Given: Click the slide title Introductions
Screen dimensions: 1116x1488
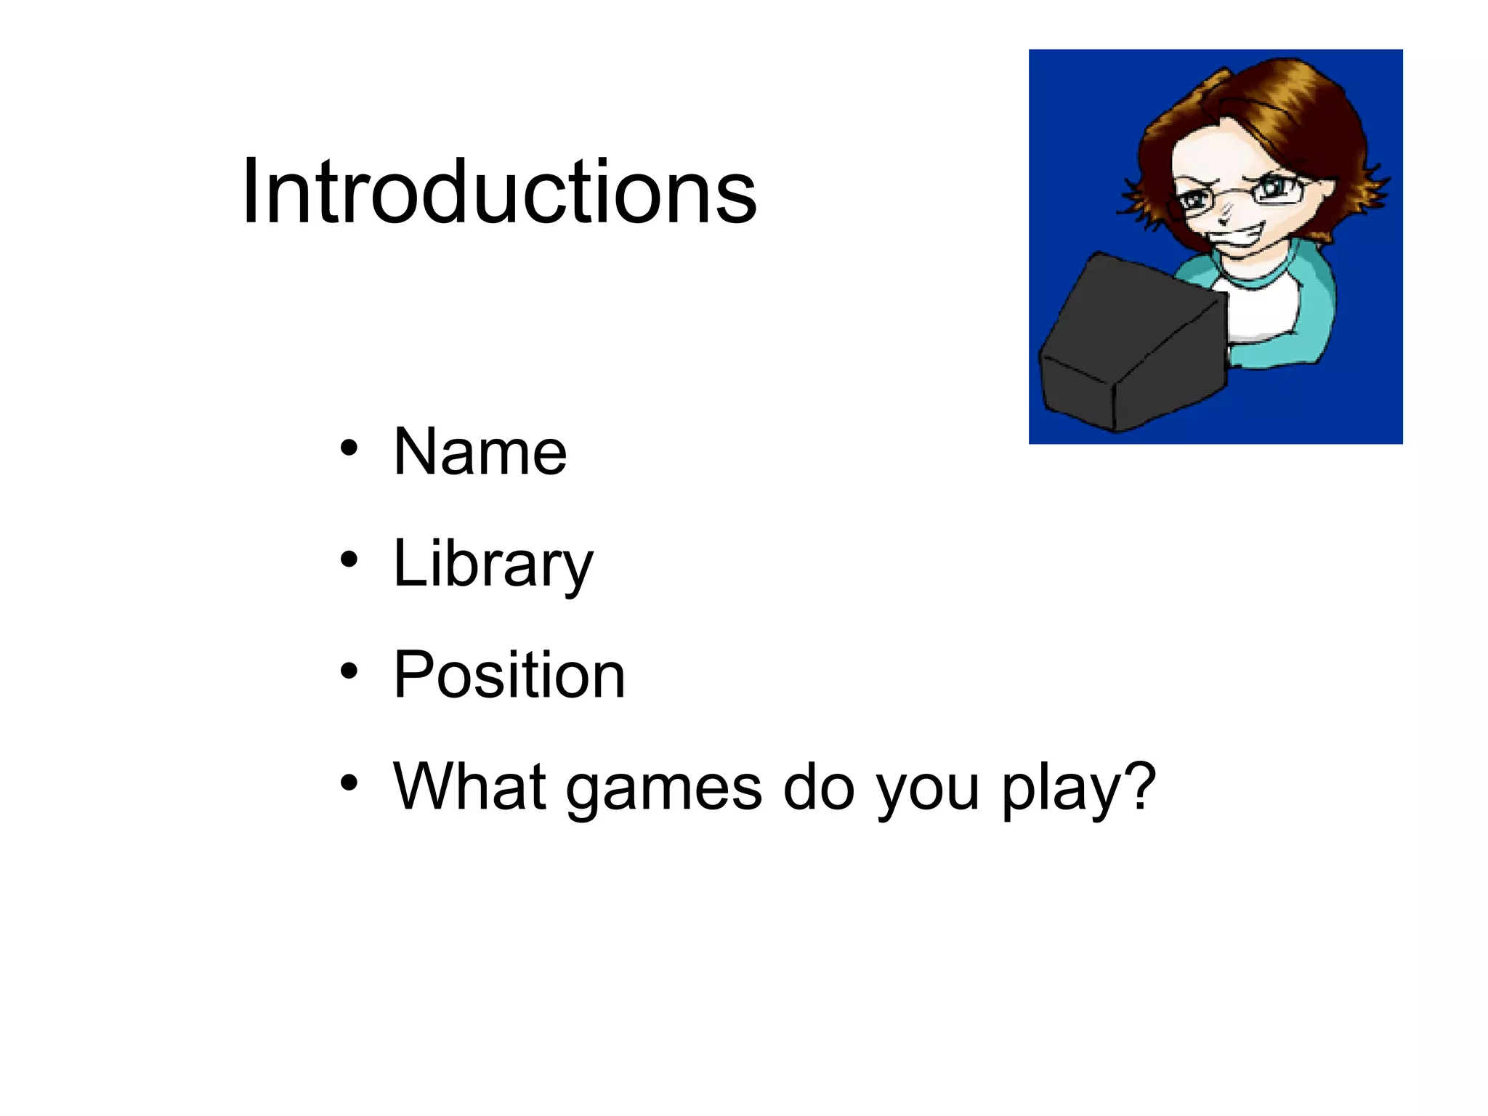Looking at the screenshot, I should point(499,193).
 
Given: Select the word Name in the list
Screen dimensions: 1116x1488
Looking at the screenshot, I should point(480,453).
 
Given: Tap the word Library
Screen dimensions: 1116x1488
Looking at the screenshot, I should point(493,565).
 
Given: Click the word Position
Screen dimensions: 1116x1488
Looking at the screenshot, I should point(509,676).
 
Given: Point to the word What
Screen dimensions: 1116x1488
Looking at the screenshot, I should point(469,787).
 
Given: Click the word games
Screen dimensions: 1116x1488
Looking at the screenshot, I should point(663,790).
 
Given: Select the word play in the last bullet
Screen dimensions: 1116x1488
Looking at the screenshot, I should point(1061,790).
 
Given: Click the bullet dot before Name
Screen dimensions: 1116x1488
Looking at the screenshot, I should point(349,448).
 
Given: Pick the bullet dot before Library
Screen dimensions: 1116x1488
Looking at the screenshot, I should point(349,559).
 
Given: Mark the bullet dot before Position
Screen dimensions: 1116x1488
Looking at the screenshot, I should point(349,671).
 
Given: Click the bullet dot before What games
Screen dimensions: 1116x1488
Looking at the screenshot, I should point(349,783).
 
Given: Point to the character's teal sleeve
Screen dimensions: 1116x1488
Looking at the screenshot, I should point(1308,320).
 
